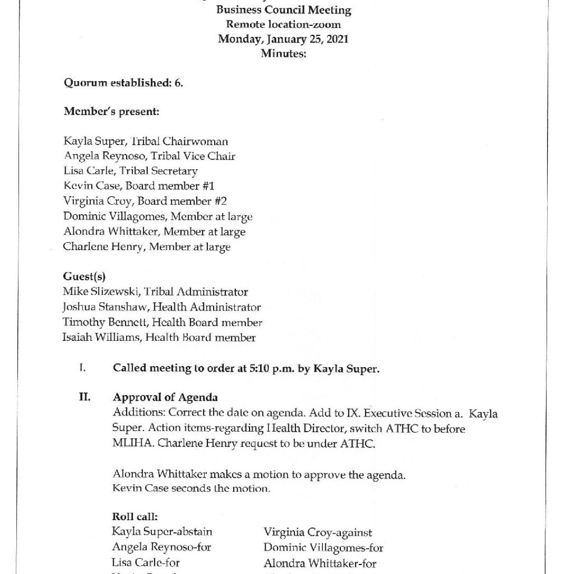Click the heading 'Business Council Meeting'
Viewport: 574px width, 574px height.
coord(284,10)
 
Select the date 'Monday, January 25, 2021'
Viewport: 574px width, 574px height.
coord(284,39)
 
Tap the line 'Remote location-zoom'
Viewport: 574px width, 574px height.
coord(284,25)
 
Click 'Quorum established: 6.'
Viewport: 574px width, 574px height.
coord(123,84)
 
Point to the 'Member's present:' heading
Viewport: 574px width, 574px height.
coord(112,112)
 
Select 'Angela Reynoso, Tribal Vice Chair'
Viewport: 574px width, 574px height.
coord(149,156)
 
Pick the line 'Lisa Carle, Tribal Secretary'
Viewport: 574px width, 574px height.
coord(130,171)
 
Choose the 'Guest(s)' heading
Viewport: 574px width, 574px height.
coord(85,276)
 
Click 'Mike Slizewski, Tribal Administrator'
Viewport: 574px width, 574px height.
coord(155,291)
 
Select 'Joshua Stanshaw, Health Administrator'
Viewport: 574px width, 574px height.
coord(161,307)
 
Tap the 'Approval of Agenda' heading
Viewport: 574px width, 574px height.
coord(165,398)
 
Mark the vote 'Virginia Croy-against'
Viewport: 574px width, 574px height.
coord(318,533)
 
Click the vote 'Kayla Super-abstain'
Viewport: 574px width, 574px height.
coord(162,532)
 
